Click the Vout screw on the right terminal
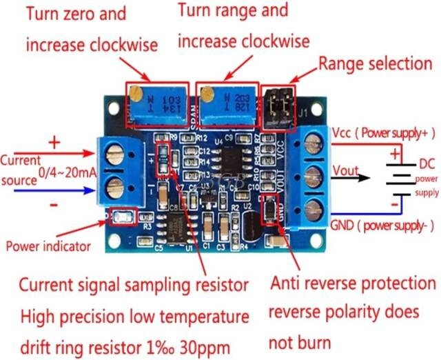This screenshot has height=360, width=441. coord(313,175)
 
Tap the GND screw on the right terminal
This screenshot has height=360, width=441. coord(313,205)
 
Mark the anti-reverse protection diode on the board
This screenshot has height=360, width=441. coord(269,208)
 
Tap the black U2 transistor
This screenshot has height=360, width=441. coord(251,225)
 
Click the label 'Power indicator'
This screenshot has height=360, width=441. coord(48,246)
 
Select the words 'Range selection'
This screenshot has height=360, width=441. coord(375,64)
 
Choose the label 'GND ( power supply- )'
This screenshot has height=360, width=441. coord(382,225)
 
